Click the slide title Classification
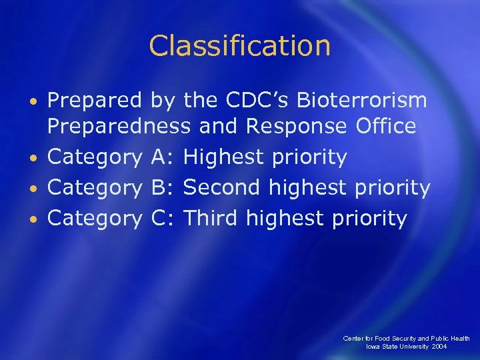pos(240,46)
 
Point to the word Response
pos(296,127)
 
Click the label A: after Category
pos(163,158)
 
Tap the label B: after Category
pos(163,188)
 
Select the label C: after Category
pos(163,218)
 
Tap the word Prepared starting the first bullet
pos(94,101)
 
